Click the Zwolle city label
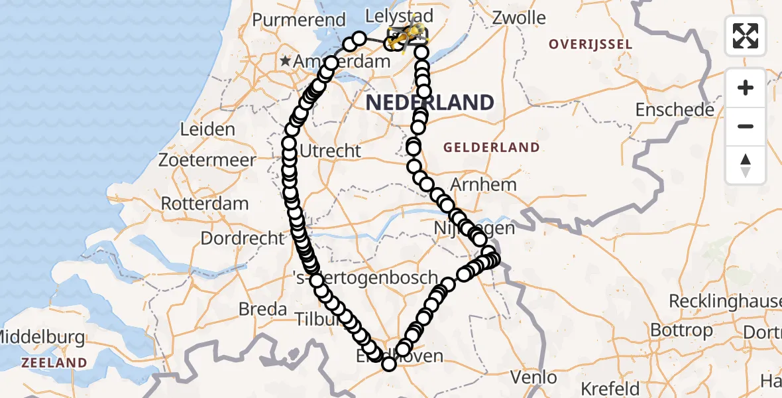tap(519, 18)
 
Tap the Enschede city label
tap(675, 109)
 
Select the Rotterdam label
tap(205, 204)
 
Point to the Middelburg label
tap(43, 338)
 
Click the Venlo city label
tap(533, 377)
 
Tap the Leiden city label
tap(207, 129)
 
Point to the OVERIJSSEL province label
tap(590, 44)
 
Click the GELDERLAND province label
tap(492, 147)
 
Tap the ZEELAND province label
tap(54, 363)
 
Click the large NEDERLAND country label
tap(429, 102)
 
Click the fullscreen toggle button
tap(746, 36)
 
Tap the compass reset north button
tap(746, 165)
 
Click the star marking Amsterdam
tap(286, 61)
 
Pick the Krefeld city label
tap(610, 388)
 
